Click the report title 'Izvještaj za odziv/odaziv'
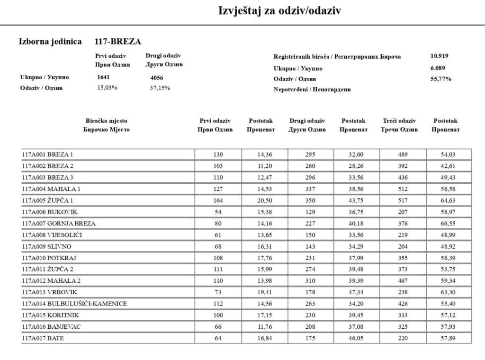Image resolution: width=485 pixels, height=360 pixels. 279,10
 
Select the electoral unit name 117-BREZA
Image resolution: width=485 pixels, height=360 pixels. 117,42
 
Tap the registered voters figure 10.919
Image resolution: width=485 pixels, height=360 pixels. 439,56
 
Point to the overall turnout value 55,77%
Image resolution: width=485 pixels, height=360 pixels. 440,79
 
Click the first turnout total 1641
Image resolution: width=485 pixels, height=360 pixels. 103,77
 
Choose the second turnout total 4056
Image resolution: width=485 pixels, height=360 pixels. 157,78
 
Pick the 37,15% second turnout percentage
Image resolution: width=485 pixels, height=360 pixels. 160,88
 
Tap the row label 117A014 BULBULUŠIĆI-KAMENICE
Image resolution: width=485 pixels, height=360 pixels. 74,304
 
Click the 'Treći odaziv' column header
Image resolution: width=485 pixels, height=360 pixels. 399,121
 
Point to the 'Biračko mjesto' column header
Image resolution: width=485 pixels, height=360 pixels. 106,121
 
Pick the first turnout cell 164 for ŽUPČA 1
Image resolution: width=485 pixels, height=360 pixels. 218,200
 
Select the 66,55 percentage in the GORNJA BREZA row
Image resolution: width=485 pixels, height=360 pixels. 449,224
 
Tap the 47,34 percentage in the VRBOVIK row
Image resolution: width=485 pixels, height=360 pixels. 356,292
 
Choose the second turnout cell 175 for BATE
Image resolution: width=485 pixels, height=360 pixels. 310,338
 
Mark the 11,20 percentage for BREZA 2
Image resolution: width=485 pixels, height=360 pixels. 264,166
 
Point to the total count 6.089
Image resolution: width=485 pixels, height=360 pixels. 439,68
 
